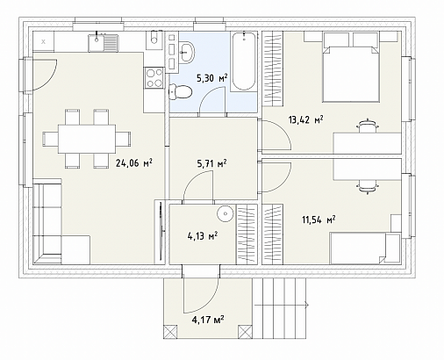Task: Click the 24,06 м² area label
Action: tap(134, 162)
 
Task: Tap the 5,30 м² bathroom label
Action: tap(212, 78)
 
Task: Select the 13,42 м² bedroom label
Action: tap(305, 119)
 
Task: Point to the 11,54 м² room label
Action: tap(319, 220)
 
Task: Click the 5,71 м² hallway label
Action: tap(212, 163)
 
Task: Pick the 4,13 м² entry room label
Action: tap(202, 235)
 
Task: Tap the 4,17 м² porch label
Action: tap(208, 320)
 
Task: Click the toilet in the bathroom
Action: tap(181, 91)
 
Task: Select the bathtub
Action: tap(244, 61)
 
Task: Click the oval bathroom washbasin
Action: tap(186, 52)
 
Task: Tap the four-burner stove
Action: tap(154, 77)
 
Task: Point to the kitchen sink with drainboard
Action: tap(104, 43)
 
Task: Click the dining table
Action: tap(87, 139)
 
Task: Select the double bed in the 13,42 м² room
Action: tap(351, 68)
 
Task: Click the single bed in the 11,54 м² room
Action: tap(365, 248)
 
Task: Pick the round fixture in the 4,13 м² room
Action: tap(226, 213)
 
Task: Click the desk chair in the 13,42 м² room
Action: tap(368, 126)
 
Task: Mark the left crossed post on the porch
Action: tap(170, 333)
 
